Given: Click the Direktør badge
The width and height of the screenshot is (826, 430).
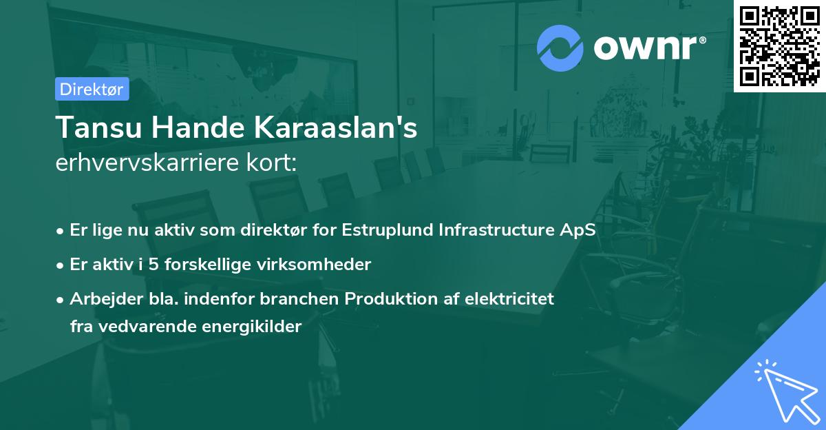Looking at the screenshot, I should pyautogui.click(x=92, y=89).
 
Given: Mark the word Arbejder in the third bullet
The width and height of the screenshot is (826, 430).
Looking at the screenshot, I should pyautogui.click(x=100, y=299).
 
